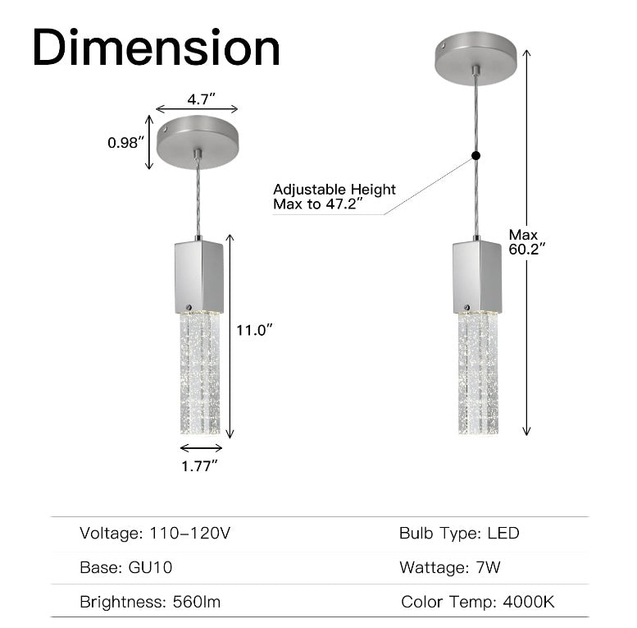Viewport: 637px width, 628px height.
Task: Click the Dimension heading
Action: [x=156, y=48]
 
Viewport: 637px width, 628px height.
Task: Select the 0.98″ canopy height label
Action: [x=125, y=142]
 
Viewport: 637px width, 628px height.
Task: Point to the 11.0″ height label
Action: [x=253, y=329]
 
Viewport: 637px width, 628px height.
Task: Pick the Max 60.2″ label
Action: [x=526, y=241]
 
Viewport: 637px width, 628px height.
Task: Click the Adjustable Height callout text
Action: [x=334, y=196]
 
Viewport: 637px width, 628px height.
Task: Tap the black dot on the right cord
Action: [x=475, y=155]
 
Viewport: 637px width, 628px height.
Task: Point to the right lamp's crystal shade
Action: [x=478, y=374]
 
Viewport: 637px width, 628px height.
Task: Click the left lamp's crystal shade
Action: [x=199, y=374]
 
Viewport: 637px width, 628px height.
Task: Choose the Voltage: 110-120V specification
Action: [x=155, y=534]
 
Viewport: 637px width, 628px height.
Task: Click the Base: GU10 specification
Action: [x=125, y=567]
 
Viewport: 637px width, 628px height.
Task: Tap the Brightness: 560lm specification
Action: [x=150, y=602]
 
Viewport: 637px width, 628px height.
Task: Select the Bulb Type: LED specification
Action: [x=459, y=534]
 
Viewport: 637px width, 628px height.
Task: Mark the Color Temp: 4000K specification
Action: [x=477, y=602]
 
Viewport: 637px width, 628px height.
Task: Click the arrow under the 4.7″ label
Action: [x=197, y=109]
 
